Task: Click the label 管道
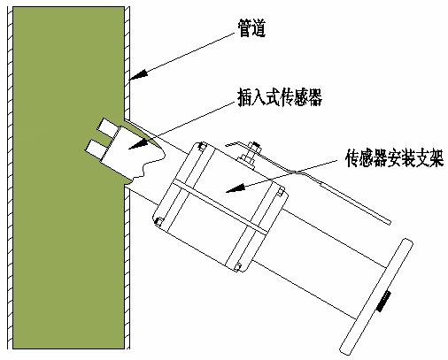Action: tap(251, 28)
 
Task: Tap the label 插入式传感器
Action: tap(280, 97)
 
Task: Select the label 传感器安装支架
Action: tap(395, 158)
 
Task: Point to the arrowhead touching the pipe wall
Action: tap(139, 75)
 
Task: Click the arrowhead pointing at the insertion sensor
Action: tap(138, 144)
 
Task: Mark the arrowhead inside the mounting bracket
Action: tap(236, 188)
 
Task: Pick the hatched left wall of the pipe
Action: tap(10, 178)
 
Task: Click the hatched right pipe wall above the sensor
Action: tap(127, 63)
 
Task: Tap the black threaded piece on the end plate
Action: tap(383, 301)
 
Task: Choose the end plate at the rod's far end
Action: tap(376, 296)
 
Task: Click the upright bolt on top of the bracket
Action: tap(251, 152)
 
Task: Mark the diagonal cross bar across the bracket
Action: tap(220, 208)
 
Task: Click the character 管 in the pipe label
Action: tap(244, 28)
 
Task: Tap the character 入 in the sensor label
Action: tap(259, 97)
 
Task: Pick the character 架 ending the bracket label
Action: tap(437, 158)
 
